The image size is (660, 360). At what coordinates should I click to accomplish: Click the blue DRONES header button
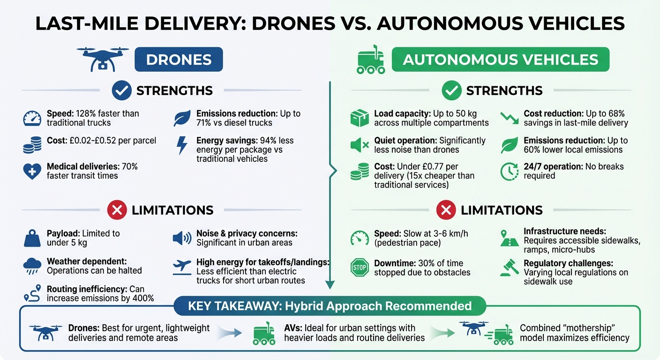click(x=179, y=60)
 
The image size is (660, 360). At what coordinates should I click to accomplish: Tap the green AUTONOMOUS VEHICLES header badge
click(x=500, y=60)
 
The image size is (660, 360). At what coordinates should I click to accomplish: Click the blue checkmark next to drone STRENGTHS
click(x=121, y=90)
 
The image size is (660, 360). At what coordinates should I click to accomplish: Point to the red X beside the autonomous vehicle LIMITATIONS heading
click(x=446, y=210)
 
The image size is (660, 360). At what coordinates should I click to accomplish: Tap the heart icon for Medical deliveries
click(x=32, y=171)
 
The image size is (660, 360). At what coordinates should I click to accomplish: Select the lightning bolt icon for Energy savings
click(x=181, y=145)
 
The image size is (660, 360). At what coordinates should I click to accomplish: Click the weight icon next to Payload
click(x=32, y=238)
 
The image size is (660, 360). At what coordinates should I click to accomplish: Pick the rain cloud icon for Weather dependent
click(x=32, y=266)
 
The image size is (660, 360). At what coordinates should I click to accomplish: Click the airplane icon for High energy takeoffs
click(x=182, y=267)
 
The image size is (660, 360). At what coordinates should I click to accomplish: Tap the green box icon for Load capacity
click(x=360, y=118)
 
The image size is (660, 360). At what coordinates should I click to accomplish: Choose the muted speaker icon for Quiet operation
click(x=360, y=145)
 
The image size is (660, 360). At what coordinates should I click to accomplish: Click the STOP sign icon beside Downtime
click(x=360, y=268)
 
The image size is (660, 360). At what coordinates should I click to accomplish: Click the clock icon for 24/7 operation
click(x=510, y=172)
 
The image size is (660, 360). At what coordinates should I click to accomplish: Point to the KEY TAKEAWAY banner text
click(x=330, y=307)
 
